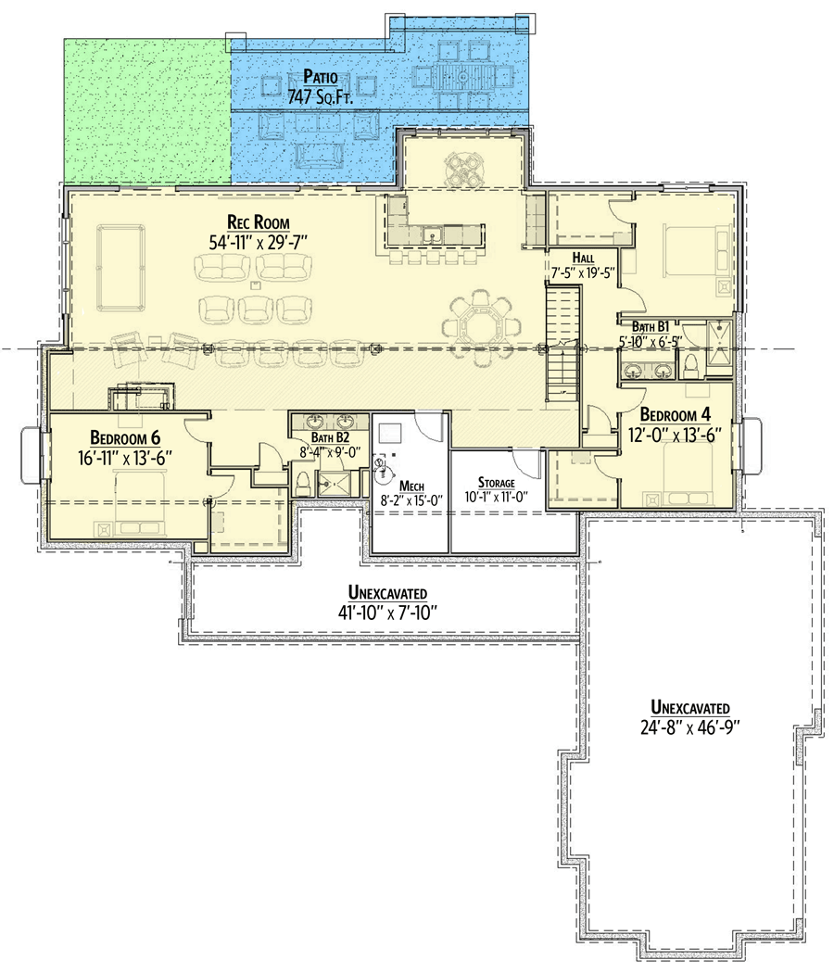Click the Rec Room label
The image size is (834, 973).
(259, 222)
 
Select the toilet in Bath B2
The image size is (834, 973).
(303, 481)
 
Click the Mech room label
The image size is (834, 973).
(411, 485)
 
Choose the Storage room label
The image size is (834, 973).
(496, 483)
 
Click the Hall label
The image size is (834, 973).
(582, 259)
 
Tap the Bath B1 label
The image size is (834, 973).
(650, 326)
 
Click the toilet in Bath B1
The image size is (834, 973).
(690, 367)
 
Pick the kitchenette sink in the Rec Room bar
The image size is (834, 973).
(432, 236)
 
